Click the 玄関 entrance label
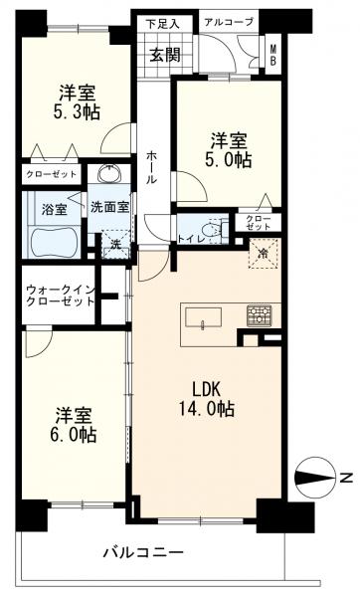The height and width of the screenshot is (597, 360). [x=165, y=56]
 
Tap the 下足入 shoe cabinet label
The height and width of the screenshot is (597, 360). [x=162, y=24]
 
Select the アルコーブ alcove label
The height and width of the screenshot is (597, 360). [x=229, y=22]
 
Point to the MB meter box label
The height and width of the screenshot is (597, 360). [x=273, y=55]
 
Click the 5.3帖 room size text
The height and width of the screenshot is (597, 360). [x=78, y=112]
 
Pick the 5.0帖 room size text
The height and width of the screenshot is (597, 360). [x=229, y=160]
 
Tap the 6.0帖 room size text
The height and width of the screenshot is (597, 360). [x=74, y=435]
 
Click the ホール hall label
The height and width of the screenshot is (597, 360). [x=151, y=167]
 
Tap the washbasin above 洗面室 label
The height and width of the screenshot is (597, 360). [x=110, y=175]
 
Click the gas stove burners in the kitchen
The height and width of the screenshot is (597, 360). [x=259, y=315]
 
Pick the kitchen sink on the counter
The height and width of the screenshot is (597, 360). [x=203, y=317]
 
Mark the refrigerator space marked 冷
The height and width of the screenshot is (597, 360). [x=263, y=254]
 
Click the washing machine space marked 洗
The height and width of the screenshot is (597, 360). [x=115, y=244]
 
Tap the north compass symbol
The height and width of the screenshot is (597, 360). [x=315, y=477]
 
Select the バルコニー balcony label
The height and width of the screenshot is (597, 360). [x=144, y=551]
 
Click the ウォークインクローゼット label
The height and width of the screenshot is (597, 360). [x=60, y=296]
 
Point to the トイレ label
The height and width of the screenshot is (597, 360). [x=192, y=239]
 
